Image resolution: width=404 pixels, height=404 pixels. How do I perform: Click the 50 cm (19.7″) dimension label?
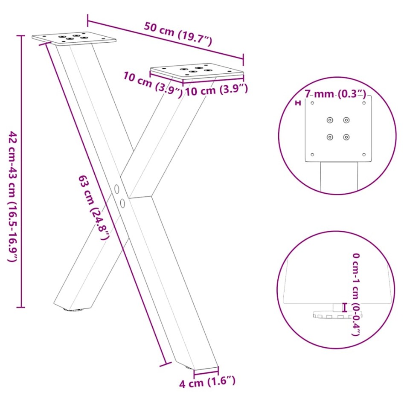pos(178,34)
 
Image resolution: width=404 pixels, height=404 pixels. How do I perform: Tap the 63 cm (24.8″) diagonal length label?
pos(94,207)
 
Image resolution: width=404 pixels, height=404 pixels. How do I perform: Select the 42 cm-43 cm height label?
pos(13,196)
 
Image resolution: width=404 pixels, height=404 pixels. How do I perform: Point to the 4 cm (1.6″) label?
pos(207,381)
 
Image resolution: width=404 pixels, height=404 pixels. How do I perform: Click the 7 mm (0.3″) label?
pos(335,94)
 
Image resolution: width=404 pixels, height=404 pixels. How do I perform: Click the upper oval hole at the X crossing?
pos(116,188)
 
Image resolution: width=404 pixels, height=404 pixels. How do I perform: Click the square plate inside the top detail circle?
pos(338,128)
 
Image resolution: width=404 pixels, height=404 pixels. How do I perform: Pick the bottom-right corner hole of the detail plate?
pos(363,154)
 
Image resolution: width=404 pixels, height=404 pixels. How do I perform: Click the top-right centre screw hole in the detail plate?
pos(346,120)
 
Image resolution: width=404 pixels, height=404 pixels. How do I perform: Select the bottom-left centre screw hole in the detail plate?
pos(330,137)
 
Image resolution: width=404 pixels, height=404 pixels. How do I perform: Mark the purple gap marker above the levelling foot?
pos(344,307)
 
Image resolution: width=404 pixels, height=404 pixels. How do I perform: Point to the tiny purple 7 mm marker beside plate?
pos(298,103)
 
